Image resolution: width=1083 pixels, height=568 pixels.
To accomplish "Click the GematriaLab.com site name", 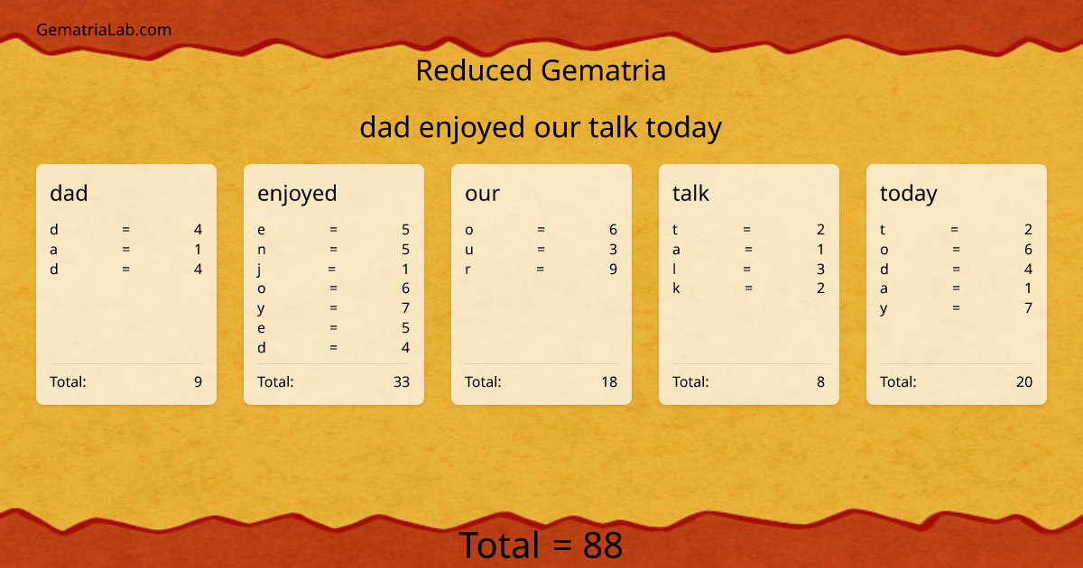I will [104, 30].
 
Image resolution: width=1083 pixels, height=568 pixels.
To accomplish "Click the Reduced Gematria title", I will [541, 70].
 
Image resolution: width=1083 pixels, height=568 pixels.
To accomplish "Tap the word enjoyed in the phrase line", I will [472, 128].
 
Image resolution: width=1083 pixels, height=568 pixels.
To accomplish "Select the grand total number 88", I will [603, 545].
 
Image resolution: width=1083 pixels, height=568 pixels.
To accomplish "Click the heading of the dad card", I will [69, 193].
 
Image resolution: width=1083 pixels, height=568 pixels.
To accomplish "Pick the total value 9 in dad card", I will [198, 381].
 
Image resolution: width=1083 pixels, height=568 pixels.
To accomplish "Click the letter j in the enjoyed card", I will [261, 269].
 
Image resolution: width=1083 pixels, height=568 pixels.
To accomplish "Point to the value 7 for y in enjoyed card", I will [405, 308].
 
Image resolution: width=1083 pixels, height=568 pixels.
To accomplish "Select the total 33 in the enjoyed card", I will [402, 381].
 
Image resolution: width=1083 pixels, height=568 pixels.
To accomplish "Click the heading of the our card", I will [482, 193].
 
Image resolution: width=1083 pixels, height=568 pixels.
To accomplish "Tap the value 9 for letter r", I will [613, 269].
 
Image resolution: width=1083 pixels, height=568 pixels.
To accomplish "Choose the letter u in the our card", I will [469, 250].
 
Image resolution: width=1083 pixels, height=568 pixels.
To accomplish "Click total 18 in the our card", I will [609, 381].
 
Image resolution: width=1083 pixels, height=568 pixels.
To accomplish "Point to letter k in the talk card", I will [677, 289].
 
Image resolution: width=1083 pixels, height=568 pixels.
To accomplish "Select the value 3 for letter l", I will [820, 269].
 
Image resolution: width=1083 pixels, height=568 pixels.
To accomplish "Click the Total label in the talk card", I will [690, 381].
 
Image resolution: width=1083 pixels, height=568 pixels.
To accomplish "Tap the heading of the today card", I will [908, 193].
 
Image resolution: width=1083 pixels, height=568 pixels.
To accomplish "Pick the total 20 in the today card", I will [1024, 381].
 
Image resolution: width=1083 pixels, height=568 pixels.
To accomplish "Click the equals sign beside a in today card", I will [955, 289].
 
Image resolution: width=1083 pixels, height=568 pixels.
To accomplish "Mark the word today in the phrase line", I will [683, 128].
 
